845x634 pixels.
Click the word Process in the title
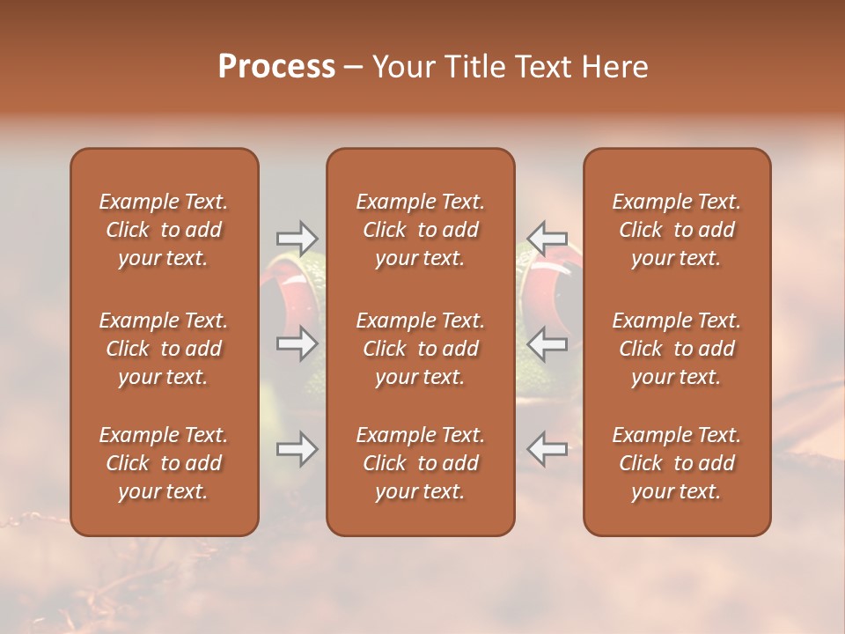point(276,67)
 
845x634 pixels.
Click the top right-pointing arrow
point(297,238)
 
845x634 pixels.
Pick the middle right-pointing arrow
point(297,343)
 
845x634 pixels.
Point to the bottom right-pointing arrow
point(297,449)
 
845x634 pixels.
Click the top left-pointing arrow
point(547,238)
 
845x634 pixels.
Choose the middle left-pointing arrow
point(547,343)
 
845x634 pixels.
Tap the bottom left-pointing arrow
point(547,449)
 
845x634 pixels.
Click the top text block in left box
point(164,230)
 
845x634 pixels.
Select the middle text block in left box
point(164,349)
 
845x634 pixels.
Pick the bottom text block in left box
point(164,463)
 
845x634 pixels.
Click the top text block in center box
point(421,230)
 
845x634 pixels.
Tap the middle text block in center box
point(421,349)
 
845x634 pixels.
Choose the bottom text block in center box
point(421,463)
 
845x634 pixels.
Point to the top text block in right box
point(677,230)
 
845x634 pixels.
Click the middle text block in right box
point(677,349)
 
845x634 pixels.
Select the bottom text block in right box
point(677,463)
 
